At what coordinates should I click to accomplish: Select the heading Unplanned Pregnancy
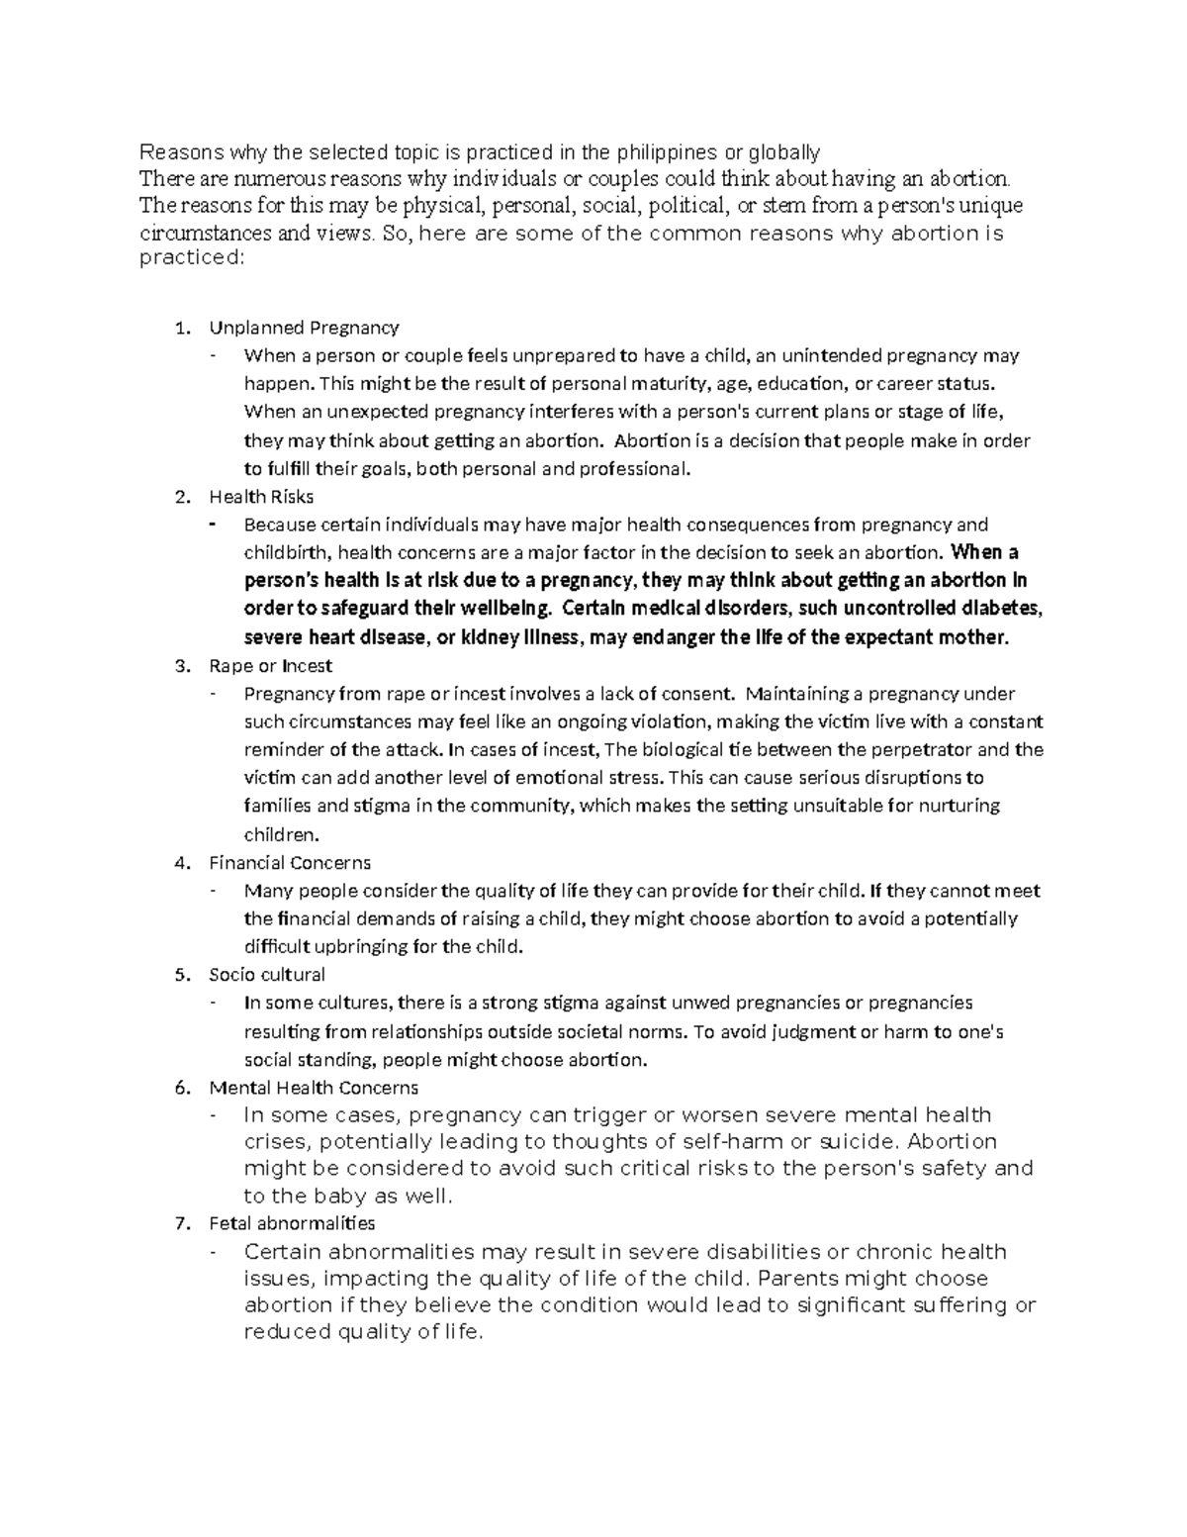pos(304,328)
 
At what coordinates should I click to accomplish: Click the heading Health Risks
pos(261,497)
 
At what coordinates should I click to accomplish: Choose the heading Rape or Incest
pos(270,666)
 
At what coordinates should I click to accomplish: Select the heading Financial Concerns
pos(290,863)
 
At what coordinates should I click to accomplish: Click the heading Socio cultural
pos(267,974)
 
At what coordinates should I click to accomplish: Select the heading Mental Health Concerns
pos(314,1088)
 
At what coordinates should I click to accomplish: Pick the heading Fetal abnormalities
pos(292,1223)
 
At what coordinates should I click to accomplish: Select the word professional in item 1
pos(636,468)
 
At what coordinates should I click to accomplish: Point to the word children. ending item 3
pos(282,833)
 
